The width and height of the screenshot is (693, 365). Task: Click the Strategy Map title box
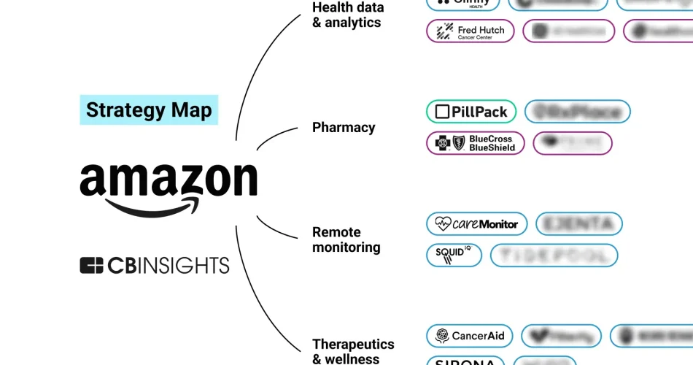click(x=149, y=110)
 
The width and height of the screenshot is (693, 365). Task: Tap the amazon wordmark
click(x=169, y=180)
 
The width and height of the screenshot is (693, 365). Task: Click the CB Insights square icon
click(x=92, y=266)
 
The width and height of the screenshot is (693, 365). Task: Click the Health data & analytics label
click(x=346, y=15)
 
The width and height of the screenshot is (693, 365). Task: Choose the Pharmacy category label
click(x=344, y=127)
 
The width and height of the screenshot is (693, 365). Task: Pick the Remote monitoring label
click(x=346, y=239)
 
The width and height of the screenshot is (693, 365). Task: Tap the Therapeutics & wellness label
click(x=353, y=351)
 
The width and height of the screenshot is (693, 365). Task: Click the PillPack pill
click(x=471, y=112)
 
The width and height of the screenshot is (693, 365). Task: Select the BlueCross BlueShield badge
click(x=475, y=143)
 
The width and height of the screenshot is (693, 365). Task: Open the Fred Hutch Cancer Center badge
click(x=470, y=31)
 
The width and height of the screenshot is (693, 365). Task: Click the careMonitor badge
click(x=476, y=224)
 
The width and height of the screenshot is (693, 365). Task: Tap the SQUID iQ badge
click(x=454, y=255)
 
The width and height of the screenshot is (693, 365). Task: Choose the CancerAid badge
click(x=470, y=336)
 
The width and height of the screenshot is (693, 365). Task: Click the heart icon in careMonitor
click(x=442, y=224)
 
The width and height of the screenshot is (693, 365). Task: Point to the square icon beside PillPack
click(x=442, y=112)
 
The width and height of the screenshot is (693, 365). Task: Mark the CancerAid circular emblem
click(x=441, y=336)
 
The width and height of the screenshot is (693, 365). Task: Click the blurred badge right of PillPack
click(x=577, y=112)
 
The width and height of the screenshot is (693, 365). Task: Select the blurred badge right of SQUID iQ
click(x=554, y=255)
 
